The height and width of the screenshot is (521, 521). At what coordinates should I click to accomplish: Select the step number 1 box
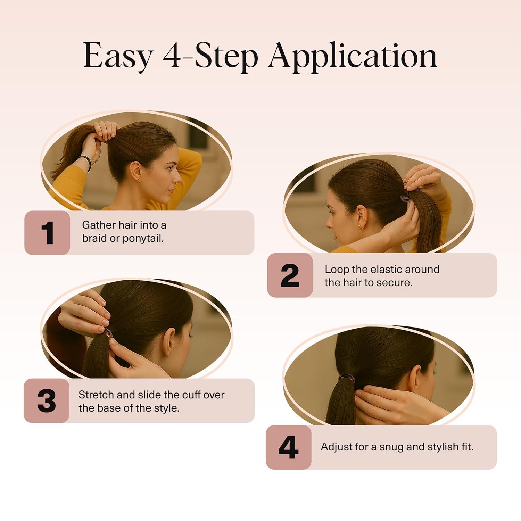click(x=47, y=233)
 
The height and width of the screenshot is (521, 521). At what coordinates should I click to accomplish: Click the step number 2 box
click(x=290, y=275)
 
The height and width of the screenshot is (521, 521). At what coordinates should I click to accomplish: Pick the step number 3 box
click(x=47, y=400)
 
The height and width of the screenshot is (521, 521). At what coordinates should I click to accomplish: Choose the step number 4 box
click(x=289, y=447)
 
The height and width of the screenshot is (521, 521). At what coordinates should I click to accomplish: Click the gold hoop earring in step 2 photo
click(x=361, y=227)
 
